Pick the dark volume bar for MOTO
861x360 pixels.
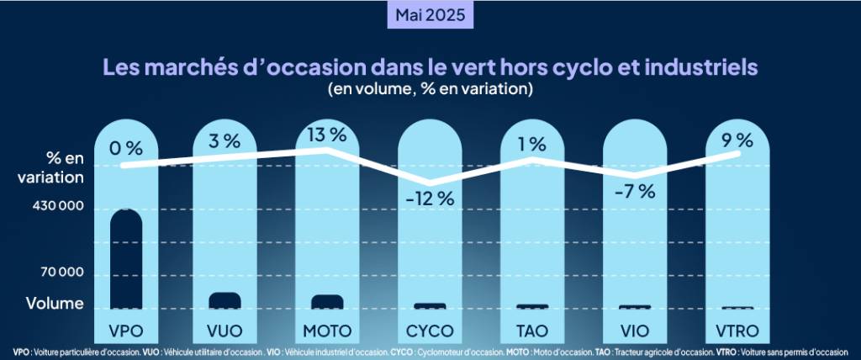tap(327, 302)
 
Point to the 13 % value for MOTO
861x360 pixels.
tap(327, 134)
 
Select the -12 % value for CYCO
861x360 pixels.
tap(429, 199)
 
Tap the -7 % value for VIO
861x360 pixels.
tap(634, 191)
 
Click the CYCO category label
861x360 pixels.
tap(430, 328)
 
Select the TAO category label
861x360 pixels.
tap(531, 328)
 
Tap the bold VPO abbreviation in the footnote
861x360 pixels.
tap(22, 352)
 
